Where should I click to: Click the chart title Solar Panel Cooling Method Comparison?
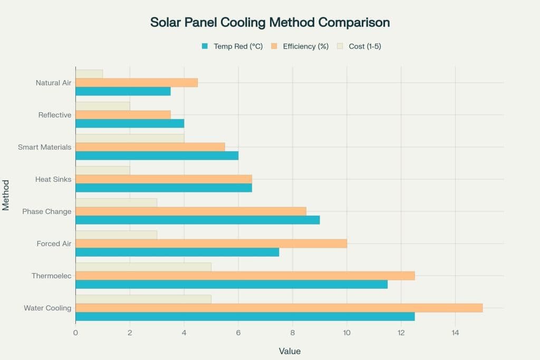pyautogui.click(x=270, y=22)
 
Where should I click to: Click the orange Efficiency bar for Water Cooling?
pyautogui.click(x=279, y=308)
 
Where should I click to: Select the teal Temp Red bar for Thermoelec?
pyautogui.click(x=232, y=285)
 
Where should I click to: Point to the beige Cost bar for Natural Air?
pyautogui.click(x=89, y=74)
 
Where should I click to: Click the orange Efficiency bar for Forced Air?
pyautogui.click(x=211, y=244)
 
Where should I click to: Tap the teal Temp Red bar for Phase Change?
pyautogui.click(x=198, y=220)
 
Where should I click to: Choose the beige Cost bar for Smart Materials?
pyautogui.click(x=130, y=138)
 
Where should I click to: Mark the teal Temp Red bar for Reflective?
pyautogui.click(x=130, y=123)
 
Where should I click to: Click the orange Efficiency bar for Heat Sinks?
pyautogui.click(x=163, y=179)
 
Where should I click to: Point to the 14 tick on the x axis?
pyautogui.click(x=455, y=333)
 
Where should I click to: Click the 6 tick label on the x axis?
pyautogui.click(x=238, y=333)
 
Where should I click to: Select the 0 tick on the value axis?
pyautogui.click(x=75, y=333)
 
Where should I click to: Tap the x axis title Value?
pyautogui.click(x=290, y=351)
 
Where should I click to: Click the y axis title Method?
pyautogui.click(x=6, y=195)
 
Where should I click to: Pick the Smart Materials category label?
pyautogui.click(x=45, y=147)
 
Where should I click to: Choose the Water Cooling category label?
pyautogui.click(x=47, y=308)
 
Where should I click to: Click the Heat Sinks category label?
pyautogui.click(x=53, y=179)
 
